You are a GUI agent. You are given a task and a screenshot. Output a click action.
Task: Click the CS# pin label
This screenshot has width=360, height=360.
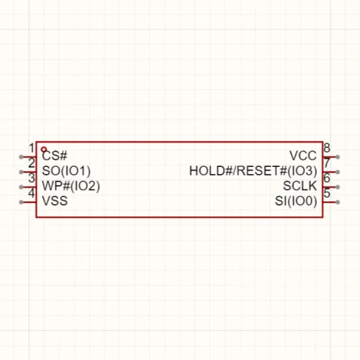[54, 156]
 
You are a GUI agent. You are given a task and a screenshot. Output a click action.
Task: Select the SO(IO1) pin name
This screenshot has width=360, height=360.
[66, 171]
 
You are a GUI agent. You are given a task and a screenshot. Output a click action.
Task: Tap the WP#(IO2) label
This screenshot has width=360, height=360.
[71, 186]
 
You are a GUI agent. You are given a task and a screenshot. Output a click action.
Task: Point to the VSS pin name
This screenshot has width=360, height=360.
[55, 201]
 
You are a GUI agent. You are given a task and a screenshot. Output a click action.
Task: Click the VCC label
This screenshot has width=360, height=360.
[303, 156]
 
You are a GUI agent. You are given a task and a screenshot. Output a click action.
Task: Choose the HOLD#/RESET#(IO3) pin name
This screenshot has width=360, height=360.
[253, 171]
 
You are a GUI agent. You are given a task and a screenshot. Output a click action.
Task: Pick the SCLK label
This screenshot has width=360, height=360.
[300, 186]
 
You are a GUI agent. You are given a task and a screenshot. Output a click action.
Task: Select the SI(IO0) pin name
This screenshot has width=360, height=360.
[296, 201]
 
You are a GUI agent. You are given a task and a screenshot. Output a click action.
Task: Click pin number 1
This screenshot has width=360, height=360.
[32, 148]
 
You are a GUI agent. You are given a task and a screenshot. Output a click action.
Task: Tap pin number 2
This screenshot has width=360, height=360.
[31, 163]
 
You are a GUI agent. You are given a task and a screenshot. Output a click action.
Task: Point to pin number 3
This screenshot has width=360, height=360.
[31, 178]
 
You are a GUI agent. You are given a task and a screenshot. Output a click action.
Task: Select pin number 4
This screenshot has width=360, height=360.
[31, 193]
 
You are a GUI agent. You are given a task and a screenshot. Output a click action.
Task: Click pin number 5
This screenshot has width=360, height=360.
[327, 193]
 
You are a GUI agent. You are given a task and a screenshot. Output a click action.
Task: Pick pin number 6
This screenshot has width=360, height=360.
[327, 178]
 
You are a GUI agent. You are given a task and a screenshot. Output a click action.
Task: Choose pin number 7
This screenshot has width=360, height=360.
[327, 163]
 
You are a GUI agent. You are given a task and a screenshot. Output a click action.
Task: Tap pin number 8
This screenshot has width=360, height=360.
[327, 148]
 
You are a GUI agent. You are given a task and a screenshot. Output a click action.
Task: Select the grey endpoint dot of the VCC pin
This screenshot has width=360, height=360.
[338, 157]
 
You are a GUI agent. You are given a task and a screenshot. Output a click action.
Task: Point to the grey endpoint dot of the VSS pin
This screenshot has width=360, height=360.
[21, 202]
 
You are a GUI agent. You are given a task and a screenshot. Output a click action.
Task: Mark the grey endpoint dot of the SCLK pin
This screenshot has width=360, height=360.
[338, 187]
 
